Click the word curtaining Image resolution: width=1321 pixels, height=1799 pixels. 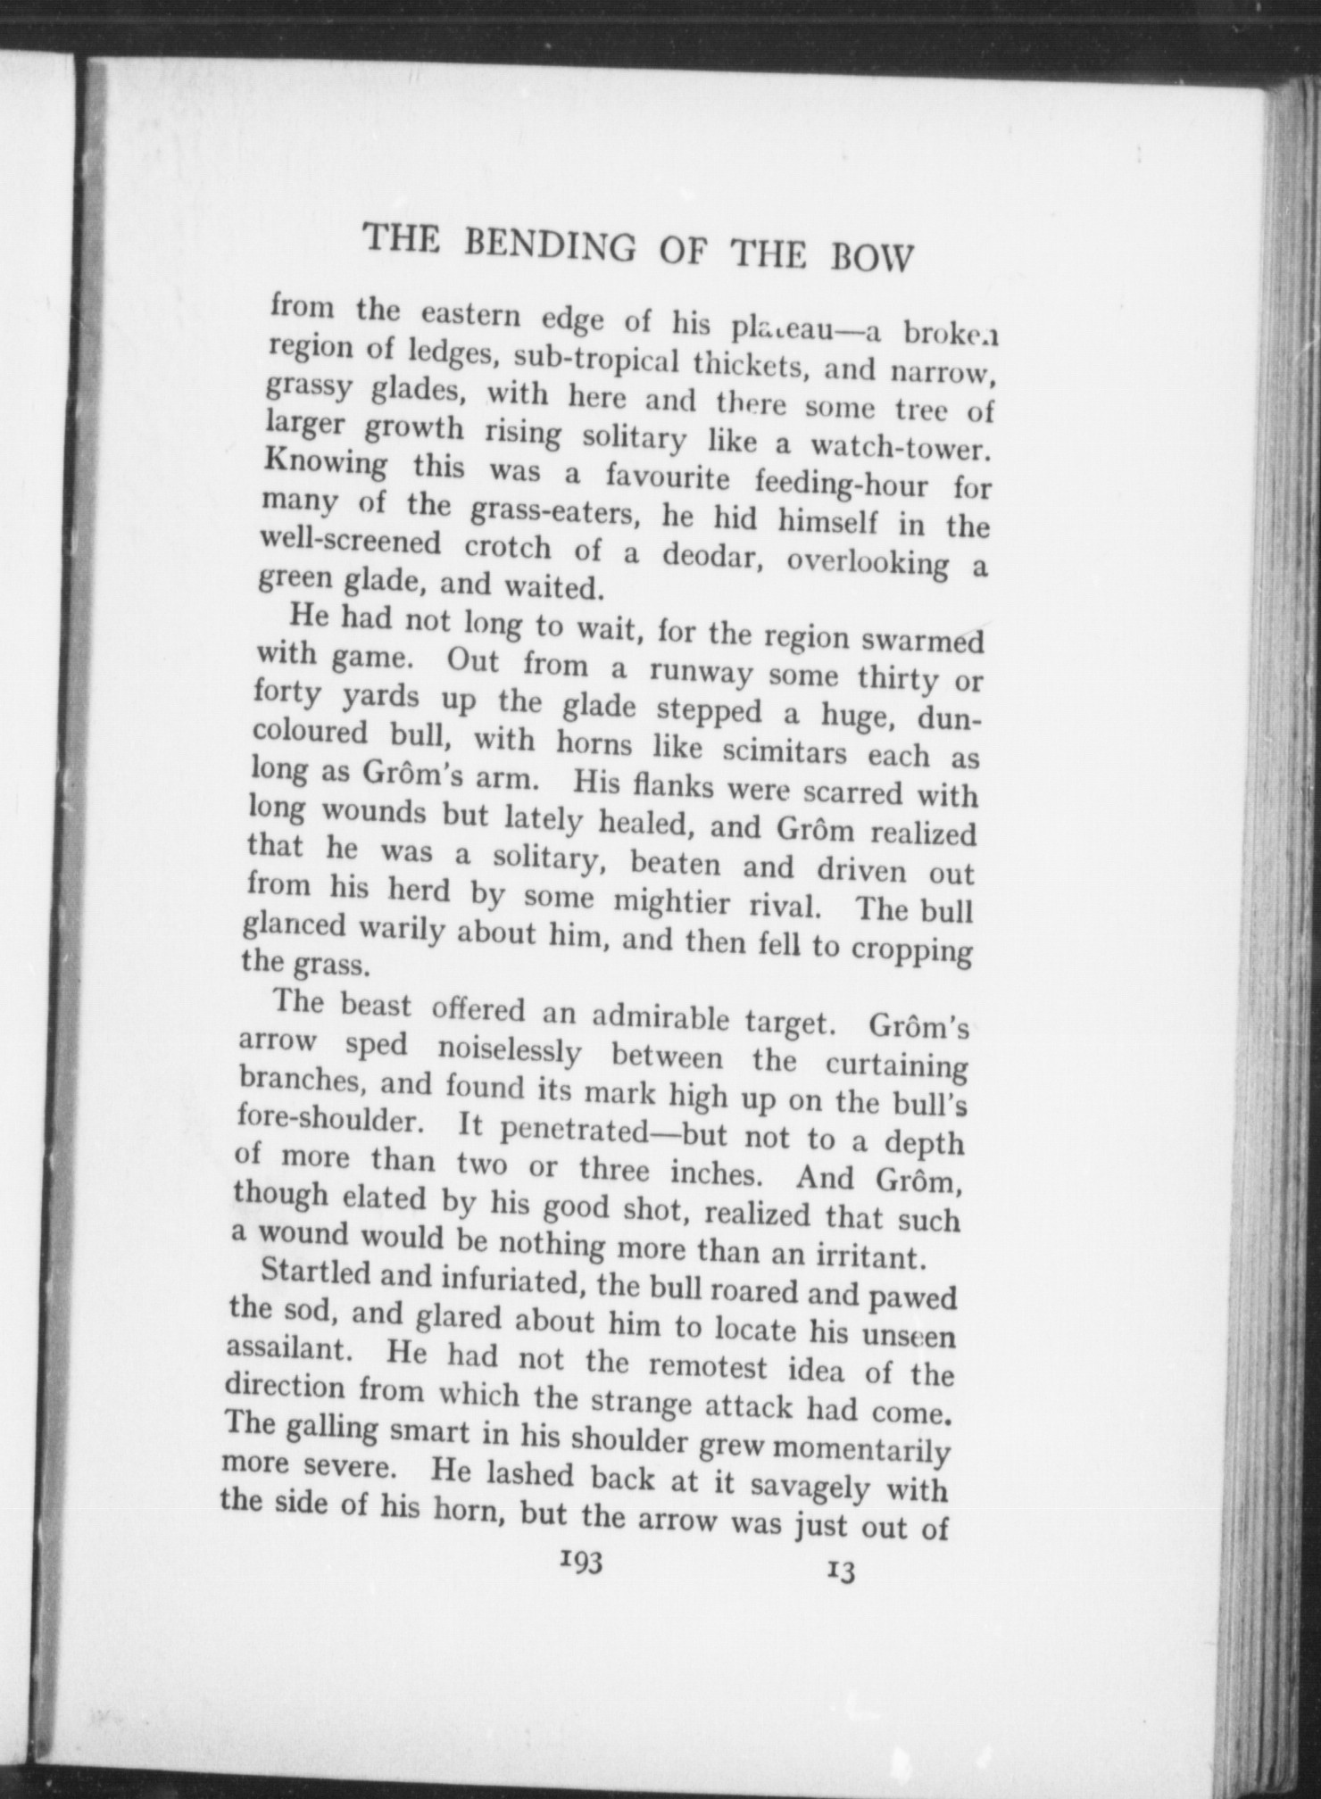896,1065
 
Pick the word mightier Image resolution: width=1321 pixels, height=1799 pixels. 669,903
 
